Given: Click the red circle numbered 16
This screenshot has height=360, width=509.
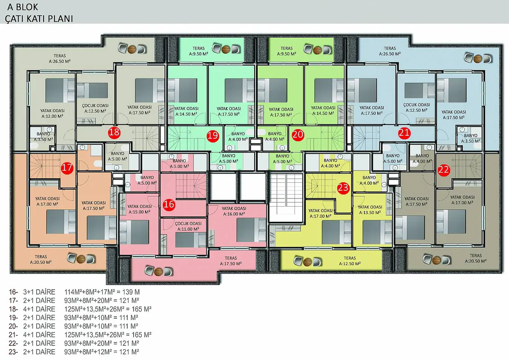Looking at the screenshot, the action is [169, 204].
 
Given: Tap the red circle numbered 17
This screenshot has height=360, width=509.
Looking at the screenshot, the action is [67, 168].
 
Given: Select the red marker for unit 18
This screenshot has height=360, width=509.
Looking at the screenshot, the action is [114, 132].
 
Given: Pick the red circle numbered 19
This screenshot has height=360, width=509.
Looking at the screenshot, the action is [213, 135].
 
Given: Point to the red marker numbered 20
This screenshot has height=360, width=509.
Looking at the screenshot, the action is [298, 135].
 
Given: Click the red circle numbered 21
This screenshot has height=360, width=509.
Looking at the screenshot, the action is [404, 133].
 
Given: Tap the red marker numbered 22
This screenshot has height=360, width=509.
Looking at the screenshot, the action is [443, 169].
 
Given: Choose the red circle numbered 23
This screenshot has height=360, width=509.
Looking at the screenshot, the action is [343, 188].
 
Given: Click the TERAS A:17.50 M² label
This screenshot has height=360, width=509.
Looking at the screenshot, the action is [231, 261].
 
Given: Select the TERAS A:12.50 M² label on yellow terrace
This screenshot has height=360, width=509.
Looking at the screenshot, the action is [350, 261].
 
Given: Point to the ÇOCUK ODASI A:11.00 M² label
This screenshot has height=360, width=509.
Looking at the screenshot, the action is [188, 226].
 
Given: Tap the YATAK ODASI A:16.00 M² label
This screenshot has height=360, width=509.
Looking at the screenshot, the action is [234, 211].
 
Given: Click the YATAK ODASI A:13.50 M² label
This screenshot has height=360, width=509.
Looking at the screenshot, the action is [370, 210].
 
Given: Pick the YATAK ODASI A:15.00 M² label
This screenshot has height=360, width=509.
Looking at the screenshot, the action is [139, 209].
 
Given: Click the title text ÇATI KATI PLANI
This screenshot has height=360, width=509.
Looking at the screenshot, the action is [39, 18].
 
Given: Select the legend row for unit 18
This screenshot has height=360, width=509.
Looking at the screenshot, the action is [80, 309].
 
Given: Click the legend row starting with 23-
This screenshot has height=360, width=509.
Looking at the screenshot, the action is [74, 352].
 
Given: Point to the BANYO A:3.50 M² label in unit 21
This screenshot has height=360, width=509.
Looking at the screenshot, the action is [470, 138].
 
